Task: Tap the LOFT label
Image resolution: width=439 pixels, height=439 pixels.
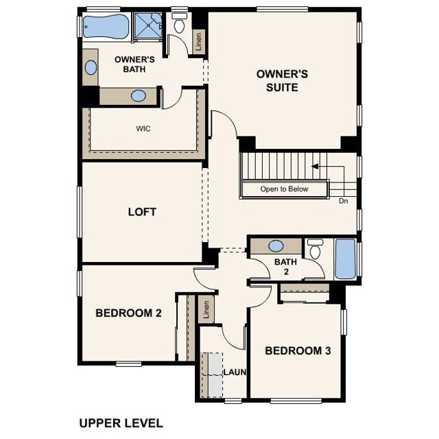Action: (142, 211)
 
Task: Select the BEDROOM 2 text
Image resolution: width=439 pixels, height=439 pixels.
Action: (128, 313)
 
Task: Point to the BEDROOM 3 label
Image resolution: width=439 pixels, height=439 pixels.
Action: (298, 351)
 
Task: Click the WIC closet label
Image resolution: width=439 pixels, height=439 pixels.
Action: (144, 128)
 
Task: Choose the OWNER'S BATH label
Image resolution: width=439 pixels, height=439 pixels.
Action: (134, 64)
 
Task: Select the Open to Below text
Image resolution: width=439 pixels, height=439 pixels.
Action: (284, 189)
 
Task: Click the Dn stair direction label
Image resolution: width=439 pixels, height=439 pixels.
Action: (344, 201)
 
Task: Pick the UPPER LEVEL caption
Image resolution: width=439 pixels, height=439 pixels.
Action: (121, 423)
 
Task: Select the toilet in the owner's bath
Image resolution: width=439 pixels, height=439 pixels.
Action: (180, 25)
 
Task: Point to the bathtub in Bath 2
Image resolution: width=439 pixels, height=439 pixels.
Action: (345, 259)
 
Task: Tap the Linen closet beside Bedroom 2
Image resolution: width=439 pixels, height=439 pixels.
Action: (206, 309)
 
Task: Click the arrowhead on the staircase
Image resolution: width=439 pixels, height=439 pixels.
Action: (315, 166)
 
